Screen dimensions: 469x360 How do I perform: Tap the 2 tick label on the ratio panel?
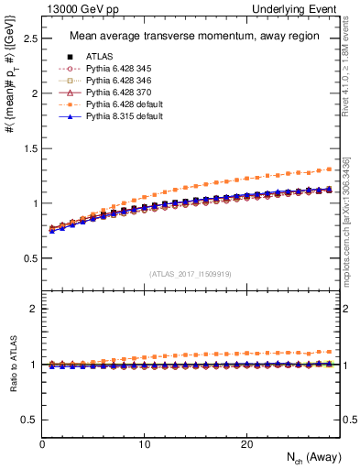[x=34, y=309]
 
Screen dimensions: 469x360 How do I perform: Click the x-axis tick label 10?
[x=144, y=444]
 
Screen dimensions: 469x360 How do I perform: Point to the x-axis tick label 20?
[x=246, y=444]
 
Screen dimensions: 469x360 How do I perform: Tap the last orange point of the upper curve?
[x=330, y=169]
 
